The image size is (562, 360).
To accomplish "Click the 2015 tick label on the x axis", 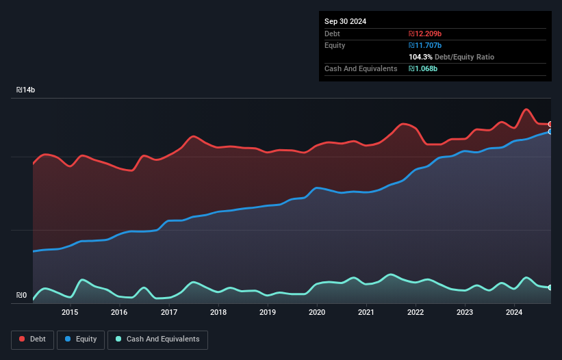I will (70, 313).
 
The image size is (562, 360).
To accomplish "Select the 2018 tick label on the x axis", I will (218, 313).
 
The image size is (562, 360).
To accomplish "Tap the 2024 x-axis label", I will (515, 313).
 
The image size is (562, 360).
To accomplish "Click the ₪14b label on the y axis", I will (26, 90).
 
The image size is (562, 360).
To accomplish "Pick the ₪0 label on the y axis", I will (21, 296).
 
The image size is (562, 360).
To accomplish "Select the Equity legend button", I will (81, 339).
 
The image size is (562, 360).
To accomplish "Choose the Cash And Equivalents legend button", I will (157, 339).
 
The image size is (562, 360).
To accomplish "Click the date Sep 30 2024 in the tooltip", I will (346, 21).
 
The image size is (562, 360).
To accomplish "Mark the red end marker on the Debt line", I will (550, 124).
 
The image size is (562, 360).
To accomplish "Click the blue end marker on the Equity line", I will (550, 131).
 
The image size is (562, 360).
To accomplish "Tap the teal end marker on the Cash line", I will (550, 287).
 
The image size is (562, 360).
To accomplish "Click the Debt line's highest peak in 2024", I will (526, 110).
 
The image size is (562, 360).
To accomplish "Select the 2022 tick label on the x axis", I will (416, 313).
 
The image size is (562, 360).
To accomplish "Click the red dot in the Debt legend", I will (23, 339).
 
